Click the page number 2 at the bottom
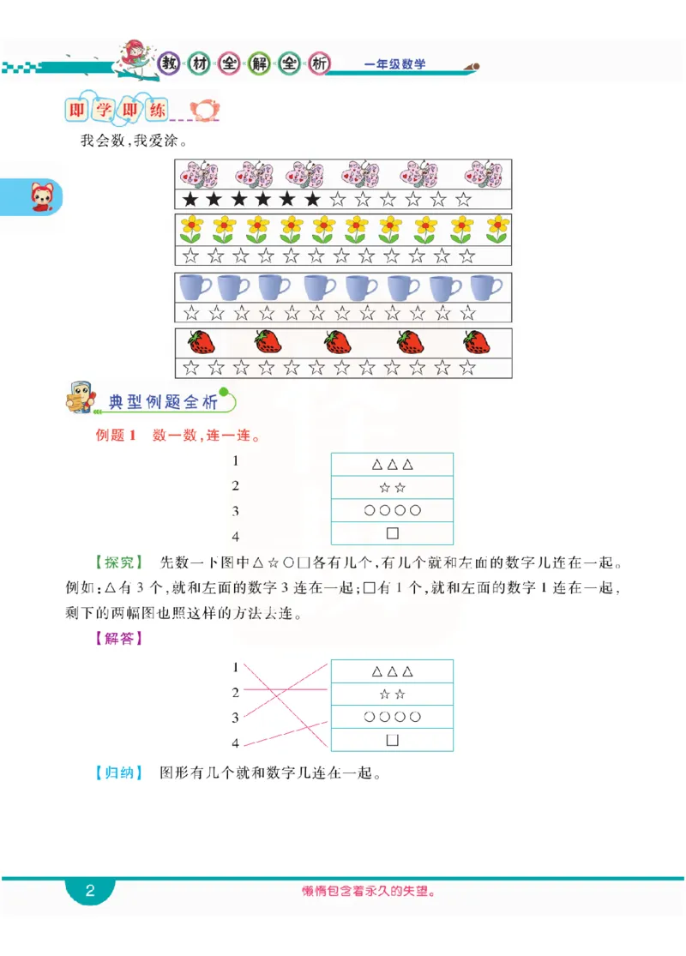(90, 891)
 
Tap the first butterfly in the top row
(199, 174)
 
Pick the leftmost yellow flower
(190, 229)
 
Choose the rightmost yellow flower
(498, 229)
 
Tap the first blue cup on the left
(195, 286)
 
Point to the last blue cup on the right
(486, 286)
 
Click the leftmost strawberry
(202, 342)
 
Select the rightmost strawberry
(477, 342)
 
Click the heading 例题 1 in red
(116, 436)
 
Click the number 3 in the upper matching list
(235, 511)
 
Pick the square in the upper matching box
(393, 533)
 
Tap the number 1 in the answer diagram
(235, 666)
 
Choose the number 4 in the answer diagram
(235, 743)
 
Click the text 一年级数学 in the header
(394, 64)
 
